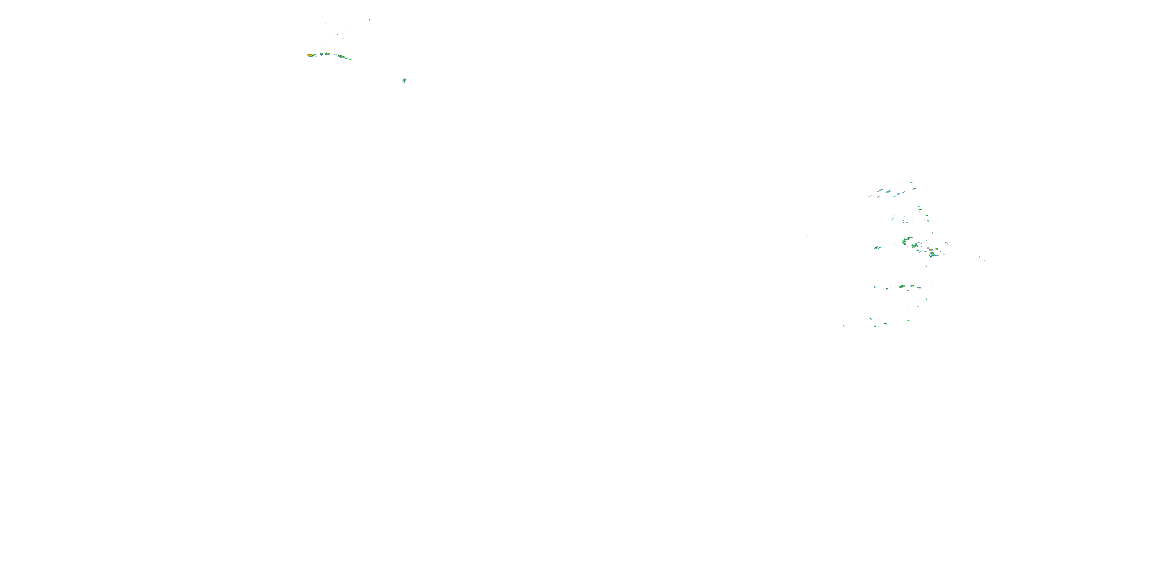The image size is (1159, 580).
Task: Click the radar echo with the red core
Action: point(310,55)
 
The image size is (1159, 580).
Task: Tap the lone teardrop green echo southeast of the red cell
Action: point(404,80)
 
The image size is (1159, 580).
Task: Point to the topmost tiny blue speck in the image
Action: point(369,20)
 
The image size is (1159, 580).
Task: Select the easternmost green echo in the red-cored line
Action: point(350,59)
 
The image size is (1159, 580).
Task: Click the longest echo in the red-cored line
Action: point(342,56)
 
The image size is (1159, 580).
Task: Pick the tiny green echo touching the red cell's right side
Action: point(314,55)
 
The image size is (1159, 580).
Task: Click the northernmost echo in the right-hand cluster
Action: point(911,183)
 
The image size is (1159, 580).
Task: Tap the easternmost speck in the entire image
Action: point(985,260)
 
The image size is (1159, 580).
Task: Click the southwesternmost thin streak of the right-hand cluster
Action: point(844,326)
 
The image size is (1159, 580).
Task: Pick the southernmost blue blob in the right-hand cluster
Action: point(876,326)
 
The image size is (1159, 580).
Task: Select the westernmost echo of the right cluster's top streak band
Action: point(870,196)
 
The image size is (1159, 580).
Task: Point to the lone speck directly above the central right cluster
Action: point(932,233)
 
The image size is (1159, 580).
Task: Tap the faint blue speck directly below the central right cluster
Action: point(926,266)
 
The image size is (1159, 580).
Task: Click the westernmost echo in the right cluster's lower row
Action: point(875,287)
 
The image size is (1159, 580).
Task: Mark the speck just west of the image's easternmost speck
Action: point(980,257)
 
